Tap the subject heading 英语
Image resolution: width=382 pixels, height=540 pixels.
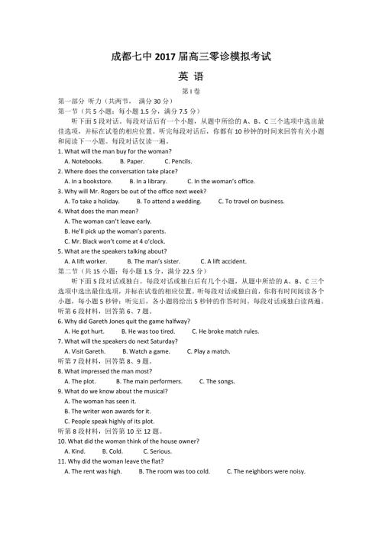[190, 76]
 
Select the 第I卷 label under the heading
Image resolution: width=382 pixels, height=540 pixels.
[190, 90]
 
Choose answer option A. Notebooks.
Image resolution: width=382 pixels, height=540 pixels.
[83, 161]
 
